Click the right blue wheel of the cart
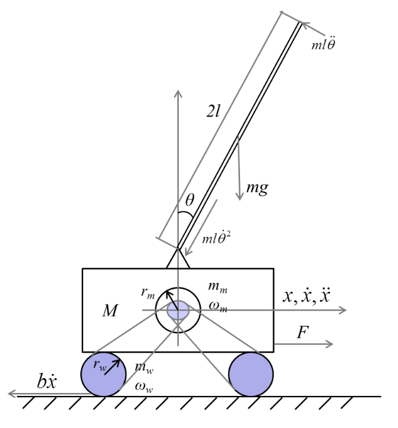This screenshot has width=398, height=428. [251, 375]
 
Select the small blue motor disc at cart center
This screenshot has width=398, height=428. [178, 310]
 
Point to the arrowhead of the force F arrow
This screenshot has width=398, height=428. [331, 344]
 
